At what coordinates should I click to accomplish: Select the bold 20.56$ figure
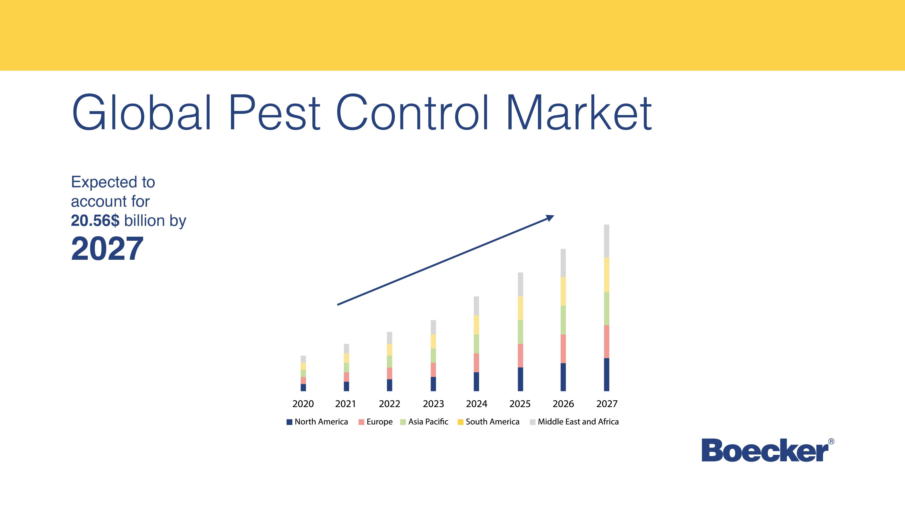(95, 221)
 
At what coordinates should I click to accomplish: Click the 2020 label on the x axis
(303, 404)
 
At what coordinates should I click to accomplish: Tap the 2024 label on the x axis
(476, 404)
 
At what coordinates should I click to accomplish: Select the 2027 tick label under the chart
(607, 404)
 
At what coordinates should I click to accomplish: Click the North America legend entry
(317, 422)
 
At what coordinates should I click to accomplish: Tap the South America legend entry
(488, 422)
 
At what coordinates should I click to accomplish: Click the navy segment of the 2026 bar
(563, 377)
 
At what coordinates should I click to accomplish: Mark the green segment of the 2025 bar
(520, 332)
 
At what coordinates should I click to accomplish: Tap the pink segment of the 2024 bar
(476, 363)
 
